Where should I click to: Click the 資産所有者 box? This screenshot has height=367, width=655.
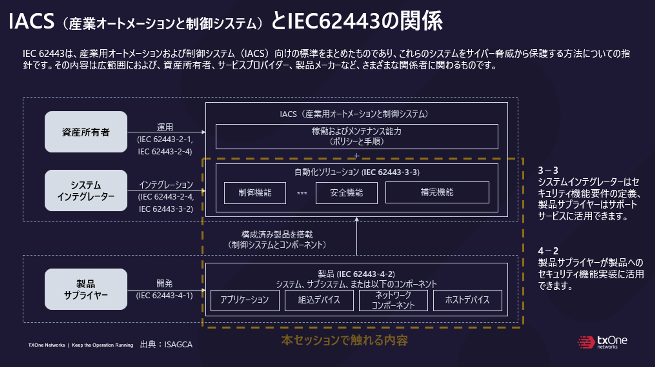tap(86, 132)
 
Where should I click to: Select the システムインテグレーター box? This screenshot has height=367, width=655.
tap(86, 190)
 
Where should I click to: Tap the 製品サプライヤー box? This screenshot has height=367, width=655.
tap(86, 289)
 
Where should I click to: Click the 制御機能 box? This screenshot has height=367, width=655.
tap(255, 193)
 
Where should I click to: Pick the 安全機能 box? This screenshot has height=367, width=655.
tap(346, 193)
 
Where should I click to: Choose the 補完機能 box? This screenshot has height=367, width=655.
tap(437, 192)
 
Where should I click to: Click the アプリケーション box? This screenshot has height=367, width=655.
tap(245, 300)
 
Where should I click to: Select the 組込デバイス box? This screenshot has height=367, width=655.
tap(319, 300)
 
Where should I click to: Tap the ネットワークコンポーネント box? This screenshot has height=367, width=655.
tap(393, 300)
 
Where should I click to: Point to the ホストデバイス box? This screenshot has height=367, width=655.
tap(467, 300)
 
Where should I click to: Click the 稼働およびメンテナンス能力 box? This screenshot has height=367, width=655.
tap(356, 136)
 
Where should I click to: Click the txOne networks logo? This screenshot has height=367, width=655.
tap(602, 342)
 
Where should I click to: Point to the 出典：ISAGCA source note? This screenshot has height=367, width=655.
tap(166, 344)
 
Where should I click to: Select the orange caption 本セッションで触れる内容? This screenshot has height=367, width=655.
tap(345, 340)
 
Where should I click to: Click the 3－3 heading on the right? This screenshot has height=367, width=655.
tap(548, 170)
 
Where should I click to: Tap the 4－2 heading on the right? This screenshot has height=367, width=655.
tap(548, 251)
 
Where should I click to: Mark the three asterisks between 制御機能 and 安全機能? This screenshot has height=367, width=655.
tap(302, 193)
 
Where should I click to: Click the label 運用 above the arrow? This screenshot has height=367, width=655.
tap(165, 127)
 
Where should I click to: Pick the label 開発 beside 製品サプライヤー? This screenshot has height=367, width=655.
tap(164, 283)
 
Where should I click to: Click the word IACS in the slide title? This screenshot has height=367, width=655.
tap(31, 21)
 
